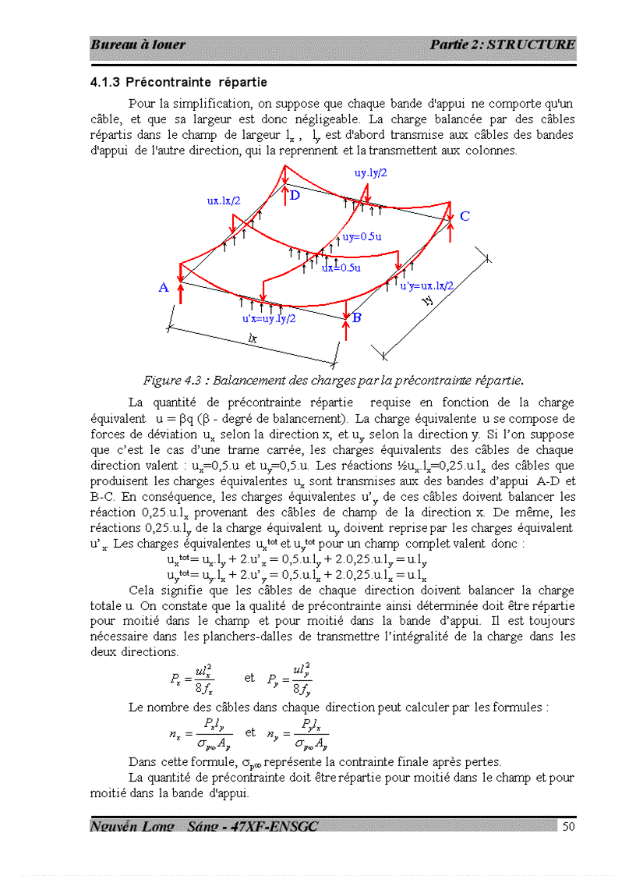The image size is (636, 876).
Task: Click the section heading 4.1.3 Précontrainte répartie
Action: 178,82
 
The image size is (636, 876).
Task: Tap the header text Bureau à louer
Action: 138,44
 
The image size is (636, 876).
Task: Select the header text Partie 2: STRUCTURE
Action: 502,44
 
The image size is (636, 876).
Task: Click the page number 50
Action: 568,826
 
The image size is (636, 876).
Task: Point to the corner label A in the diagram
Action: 164,288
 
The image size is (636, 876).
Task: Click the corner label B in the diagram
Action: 356,317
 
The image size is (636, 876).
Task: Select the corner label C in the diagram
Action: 465,216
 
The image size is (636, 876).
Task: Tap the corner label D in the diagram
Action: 295,196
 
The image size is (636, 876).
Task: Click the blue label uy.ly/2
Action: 371,173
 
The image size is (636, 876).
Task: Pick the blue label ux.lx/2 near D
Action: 224,200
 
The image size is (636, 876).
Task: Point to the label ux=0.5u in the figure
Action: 341,268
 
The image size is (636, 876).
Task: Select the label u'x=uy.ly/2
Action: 269,317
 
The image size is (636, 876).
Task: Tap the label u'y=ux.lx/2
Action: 426,286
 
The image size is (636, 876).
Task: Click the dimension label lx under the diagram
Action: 252,339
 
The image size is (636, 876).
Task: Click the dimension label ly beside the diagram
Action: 428,302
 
